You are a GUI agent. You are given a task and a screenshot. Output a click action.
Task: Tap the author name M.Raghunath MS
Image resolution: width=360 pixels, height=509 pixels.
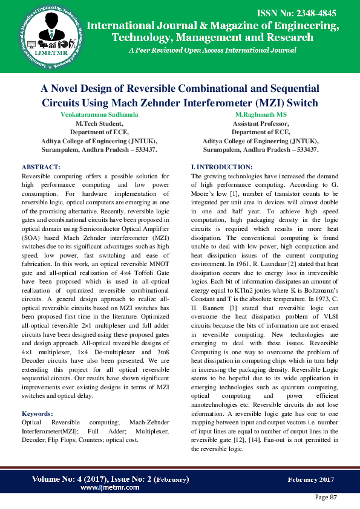[261, 114]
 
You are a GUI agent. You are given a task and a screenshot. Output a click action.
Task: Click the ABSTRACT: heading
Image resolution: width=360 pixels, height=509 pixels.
[41, 166]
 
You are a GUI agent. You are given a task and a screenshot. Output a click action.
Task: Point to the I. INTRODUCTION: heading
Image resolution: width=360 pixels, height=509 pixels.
[222, 166]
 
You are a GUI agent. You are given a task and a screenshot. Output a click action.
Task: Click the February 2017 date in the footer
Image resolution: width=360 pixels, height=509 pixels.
[310, 479]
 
